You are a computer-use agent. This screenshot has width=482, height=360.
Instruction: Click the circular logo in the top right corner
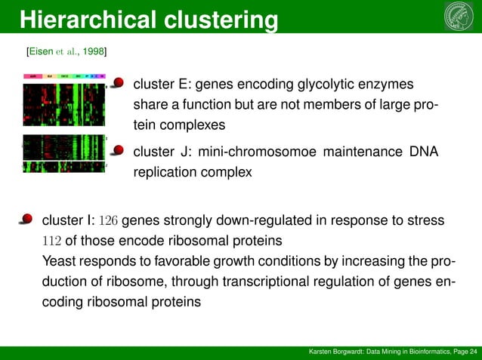[x=460, y=17]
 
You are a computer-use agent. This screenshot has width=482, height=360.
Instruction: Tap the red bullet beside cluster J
[x=118, y=151]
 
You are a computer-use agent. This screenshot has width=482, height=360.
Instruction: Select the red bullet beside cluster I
[x=26, y=220]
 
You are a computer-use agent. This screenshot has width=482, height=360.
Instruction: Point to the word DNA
[x=423, y=152]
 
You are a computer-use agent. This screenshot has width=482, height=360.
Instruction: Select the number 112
[x=54, y=242]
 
